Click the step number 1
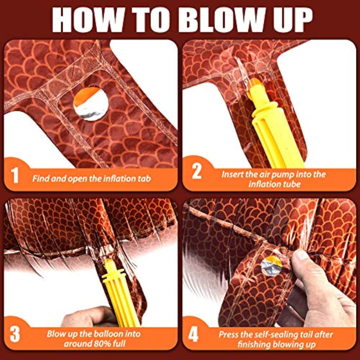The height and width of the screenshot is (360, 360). (x=15, y=175)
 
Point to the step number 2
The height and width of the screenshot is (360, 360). (x=197, y=171)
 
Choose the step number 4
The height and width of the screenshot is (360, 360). (x=193, y=334)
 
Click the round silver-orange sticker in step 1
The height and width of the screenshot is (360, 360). (x=91, y=103)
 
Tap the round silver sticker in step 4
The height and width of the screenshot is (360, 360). (x=271, y=266)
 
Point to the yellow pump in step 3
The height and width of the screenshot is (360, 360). (x=120, y=293)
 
